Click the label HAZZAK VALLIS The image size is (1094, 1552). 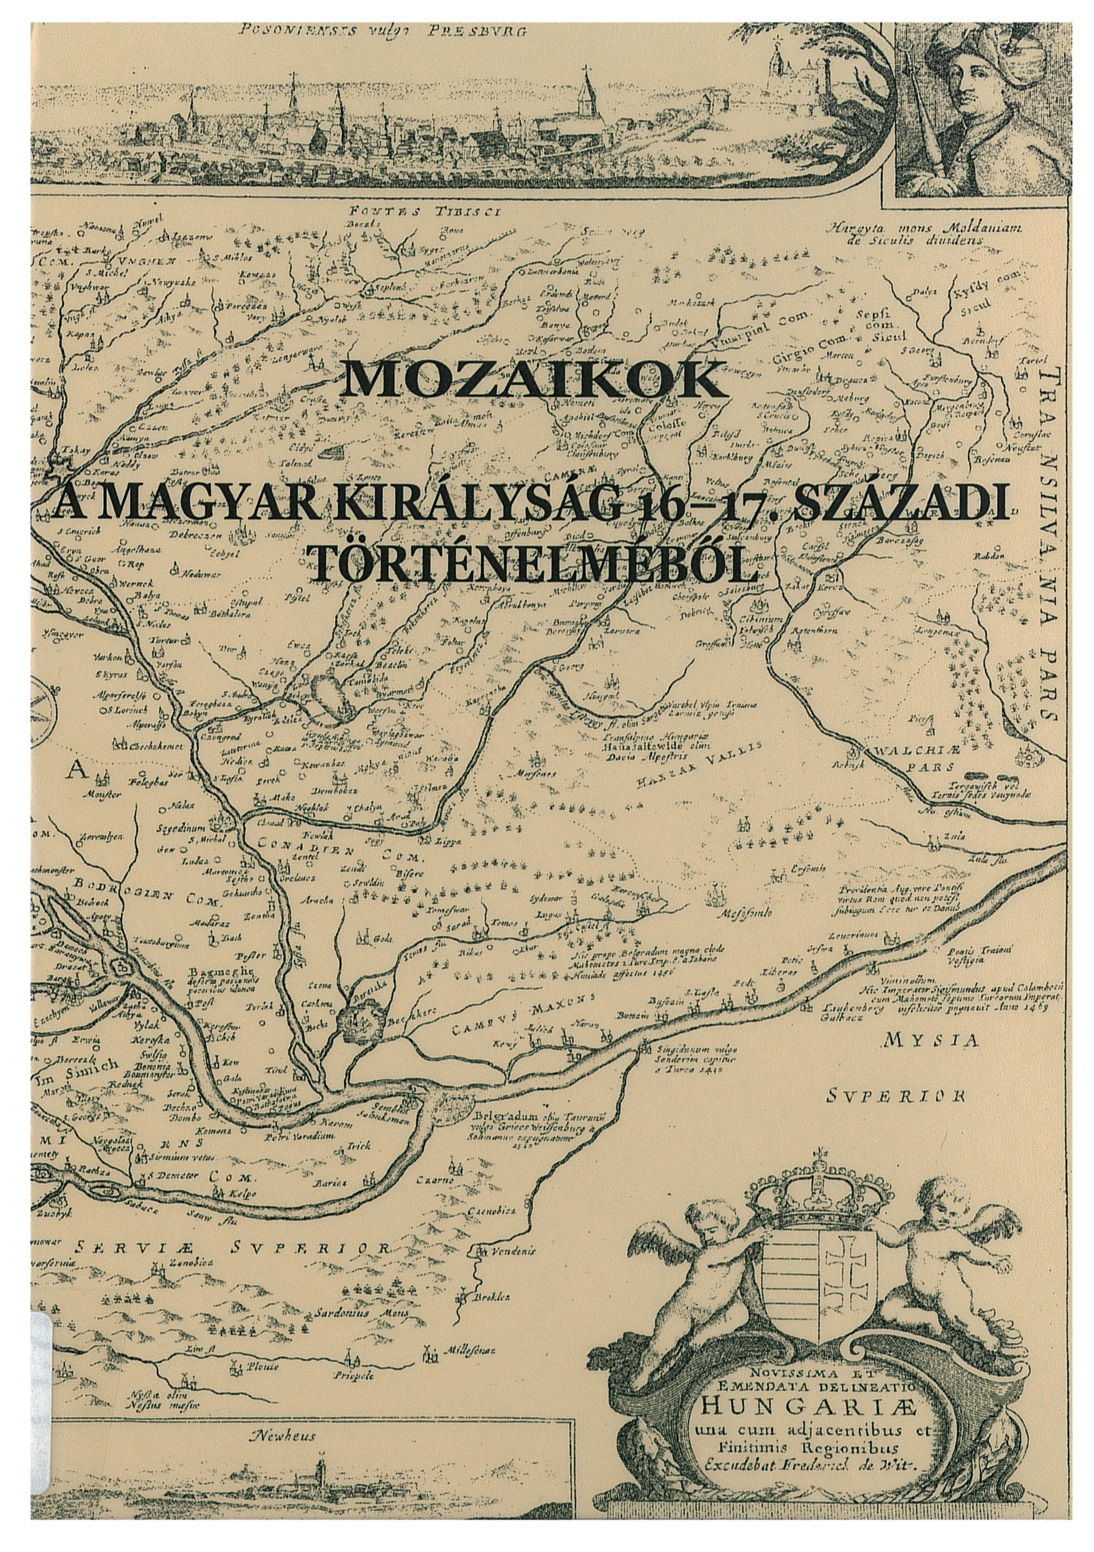click(699, 765)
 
